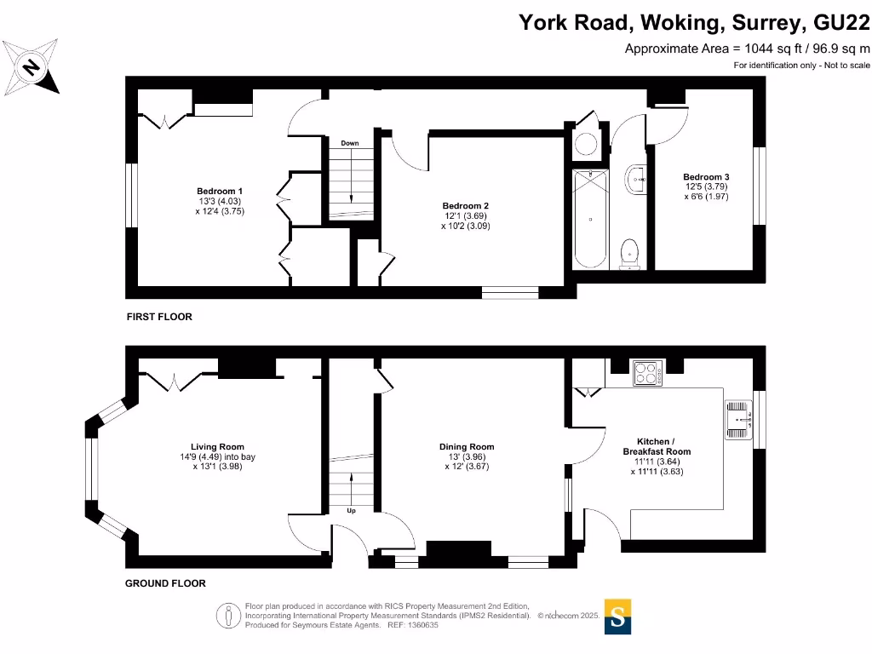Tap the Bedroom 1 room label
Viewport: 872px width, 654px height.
coord(220,201)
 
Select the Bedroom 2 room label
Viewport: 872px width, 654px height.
coord(465,216)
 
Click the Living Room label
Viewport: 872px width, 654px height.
coord(217,456)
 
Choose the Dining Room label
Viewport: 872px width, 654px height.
coord(466,456)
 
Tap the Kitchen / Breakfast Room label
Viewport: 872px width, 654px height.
coord(656,456)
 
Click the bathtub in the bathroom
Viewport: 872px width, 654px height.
coord(590,220)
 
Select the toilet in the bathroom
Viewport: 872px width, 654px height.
coord(629,253)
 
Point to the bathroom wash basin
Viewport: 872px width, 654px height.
coord(635,180)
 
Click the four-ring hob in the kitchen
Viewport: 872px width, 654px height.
coord(648,373)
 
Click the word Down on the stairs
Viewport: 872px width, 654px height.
coord(349,143)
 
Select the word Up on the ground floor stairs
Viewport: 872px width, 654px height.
coord(351,511)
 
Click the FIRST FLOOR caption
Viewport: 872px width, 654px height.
coord(159,317)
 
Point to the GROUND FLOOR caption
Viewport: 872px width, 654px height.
coord(165,583)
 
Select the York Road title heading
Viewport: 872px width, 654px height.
coord(694,22)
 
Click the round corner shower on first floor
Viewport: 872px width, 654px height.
coord(586,143)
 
